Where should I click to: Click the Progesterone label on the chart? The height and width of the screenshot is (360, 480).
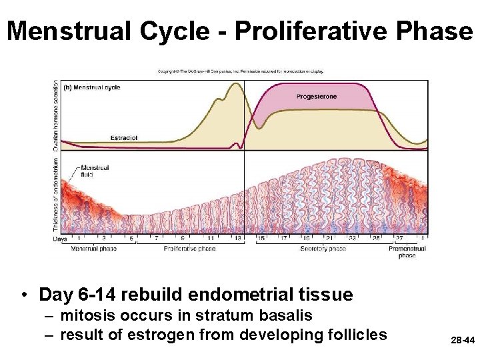317,97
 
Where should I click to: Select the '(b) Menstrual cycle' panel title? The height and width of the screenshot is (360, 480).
91,87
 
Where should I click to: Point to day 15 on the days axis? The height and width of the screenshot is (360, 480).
261,238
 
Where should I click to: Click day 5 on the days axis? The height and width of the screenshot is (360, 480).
131,238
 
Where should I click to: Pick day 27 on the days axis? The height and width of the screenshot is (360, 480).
399,238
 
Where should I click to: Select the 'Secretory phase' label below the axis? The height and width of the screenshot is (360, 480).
323,249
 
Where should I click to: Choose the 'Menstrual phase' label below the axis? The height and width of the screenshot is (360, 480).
93,249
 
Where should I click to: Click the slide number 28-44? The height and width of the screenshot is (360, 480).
461,341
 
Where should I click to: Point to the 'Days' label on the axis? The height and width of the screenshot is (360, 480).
61,238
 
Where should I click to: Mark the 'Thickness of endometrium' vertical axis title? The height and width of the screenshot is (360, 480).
56,193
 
